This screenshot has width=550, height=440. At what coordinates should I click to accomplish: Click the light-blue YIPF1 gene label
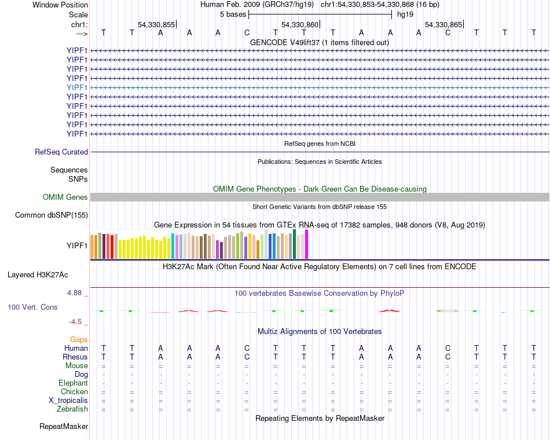[x=77, y=87]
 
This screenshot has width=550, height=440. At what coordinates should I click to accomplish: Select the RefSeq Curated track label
[x=61, y=152]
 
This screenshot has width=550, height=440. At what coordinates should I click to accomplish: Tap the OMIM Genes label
[x=65, y=197]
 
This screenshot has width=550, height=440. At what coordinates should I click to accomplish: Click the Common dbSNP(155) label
[x=51, y=215]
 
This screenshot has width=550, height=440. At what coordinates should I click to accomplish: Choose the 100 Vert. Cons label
[x=32, y=307]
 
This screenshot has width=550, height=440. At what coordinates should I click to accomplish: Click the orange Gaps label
[x=79, y=340]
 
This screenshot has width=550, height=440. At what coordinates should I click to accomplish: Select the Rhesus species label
[x=75, y=357]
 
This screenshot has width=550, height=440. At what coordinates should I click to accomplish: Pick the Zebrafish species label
[x=73, y=409]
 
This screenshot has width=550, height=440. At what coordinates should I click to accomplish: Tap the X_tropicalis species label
[x=68, y=401]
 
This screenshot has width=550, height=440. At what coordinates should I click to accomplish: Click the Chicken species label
[x=74, y=392]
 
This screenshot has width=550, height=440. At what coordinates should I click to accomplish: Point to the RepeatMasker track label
[x=64, y=427]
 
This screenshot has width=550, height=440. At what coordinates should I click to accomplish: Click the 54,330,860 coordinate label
[x=300, y=25]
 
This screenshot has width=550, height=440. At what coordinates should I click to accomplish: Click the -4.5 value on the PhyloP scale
[x=77, y=322]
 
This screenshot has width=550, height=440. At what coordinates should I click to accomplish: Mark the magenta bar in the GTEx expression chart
[x=307, y=244]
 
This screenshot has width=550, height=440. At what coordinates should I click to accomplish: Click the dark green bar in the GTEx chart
[x=295, y=244]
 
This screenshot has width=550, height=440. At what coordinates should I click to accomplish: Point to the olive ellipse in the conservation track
[x=448, y=311]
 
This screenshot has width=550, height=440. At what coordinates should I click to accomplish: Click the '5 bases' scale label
[x=233, y=14]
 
